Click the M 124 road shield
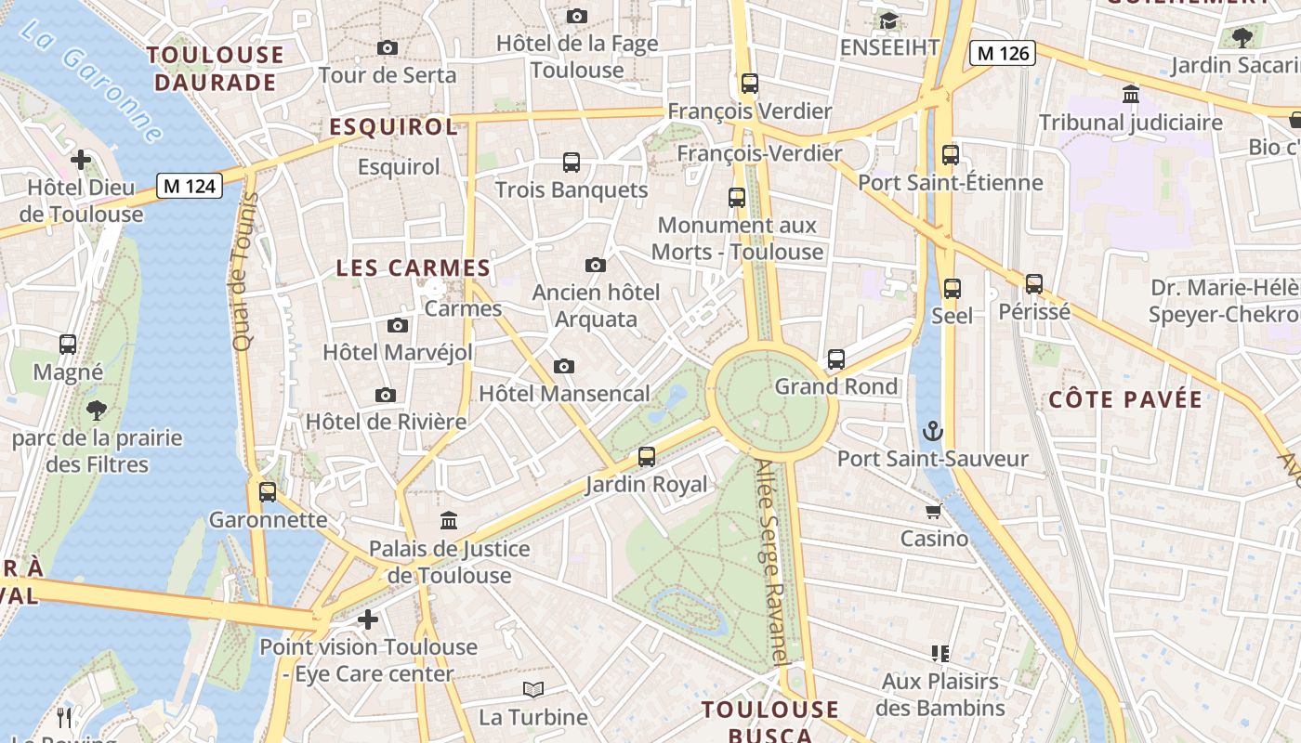click(189, 186)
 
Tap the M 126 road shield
click(1002, 53)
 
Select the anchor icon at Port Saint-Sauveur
click(932, 431)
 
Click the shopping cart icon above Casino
click(933, 511)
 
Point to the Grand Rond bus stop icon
click(836, 359)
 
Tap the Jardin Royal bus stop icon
click(647, 457)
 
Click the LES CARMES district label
click(413, 268)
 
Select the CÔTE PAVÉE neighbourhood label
click(1125, 400)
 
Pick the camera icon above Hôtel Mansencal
click(563, 367)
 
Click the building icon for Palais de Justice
click(449, 520)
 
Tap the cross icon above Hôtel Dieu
click(81, 160)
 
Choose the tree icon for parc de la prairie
click(97, 411)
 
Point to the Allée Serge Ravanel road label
click(773, 562)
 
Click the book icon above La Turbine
click(532, 689)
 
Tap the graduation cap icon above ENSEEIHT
click(889, 20)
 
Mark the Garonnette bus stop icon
click(268, 492)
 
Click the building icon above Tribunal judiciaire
click(1131, 95)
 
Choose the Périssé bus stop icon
click(1034, 284)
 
